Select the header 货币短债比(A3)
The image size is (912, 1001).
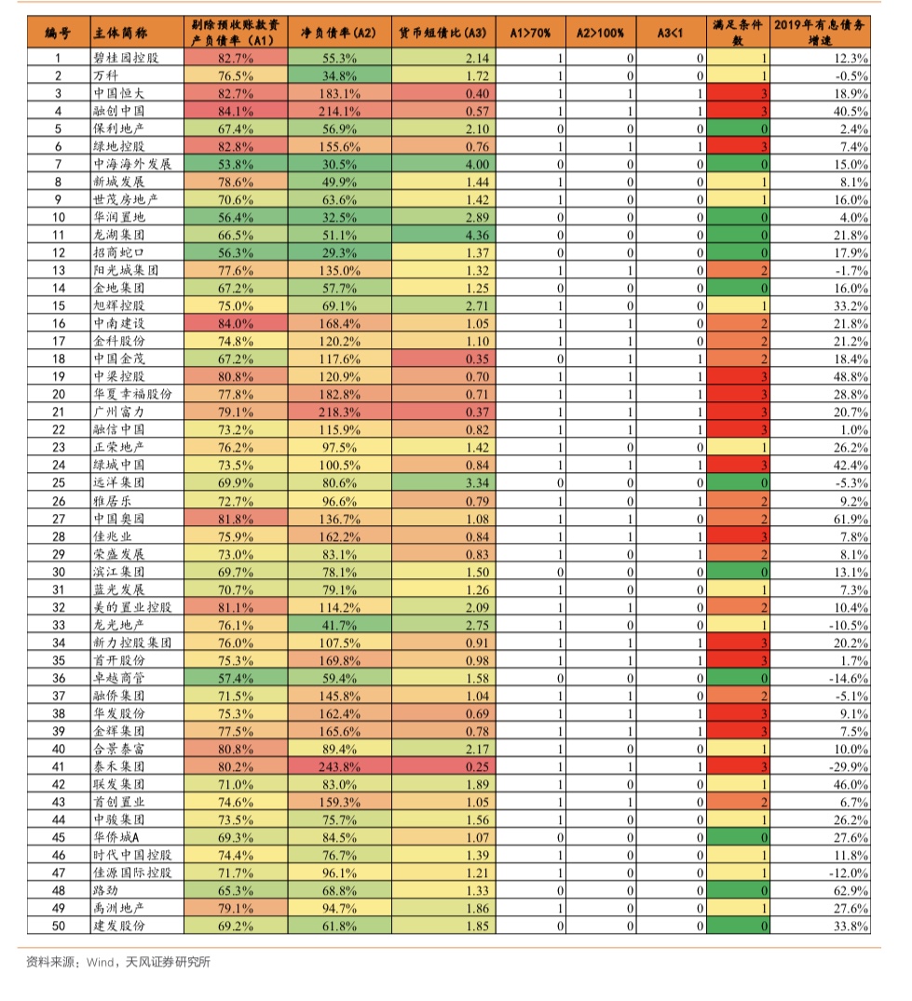click(442, 34)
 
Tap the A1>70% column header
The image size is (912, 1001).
click(529, 34)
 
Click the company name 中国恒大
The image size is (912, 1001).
click(118, 93)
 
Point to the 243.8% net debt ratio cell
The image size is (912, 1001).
click(339, 766)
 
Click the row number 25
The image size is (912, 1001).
click(58, 483)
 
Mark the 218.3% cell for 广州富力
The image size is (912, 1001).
click(339, 412)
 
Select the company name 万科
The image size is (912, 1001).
click(105, 75)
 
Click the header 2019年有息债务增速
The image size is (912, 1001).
click(821, 34)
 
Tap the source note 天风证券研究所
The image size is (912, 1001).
click(168, 962)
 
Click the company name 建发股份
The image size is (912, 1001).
click(118, 926)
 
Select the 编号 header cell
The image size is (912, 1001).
click(58, 34)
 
